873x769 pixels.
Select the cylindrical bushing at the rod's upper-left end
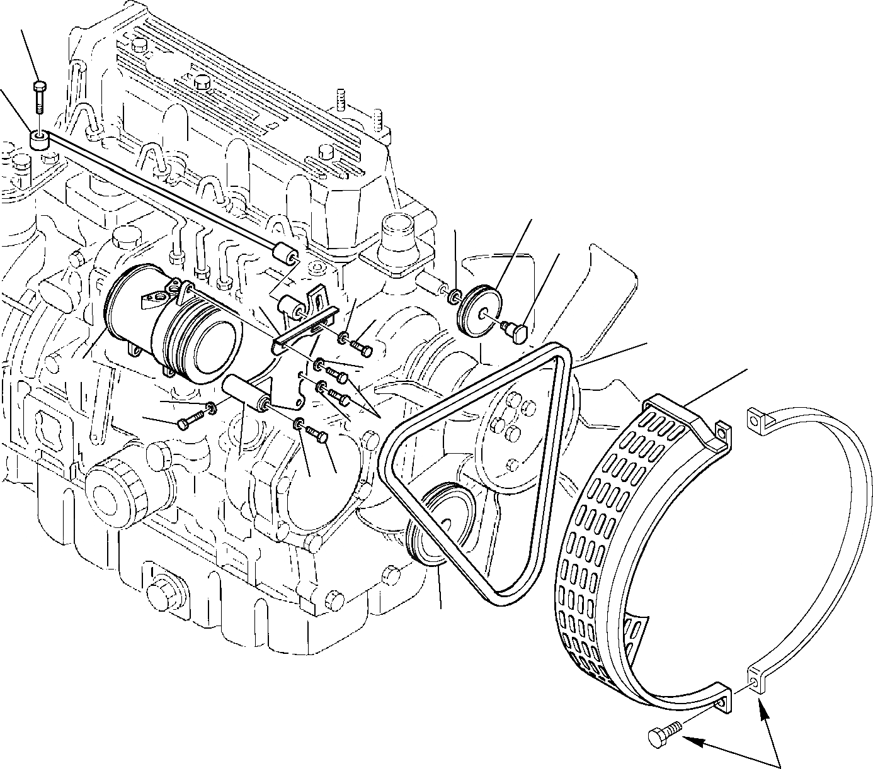39,140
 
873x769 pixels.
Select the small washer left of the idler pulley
455,294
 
